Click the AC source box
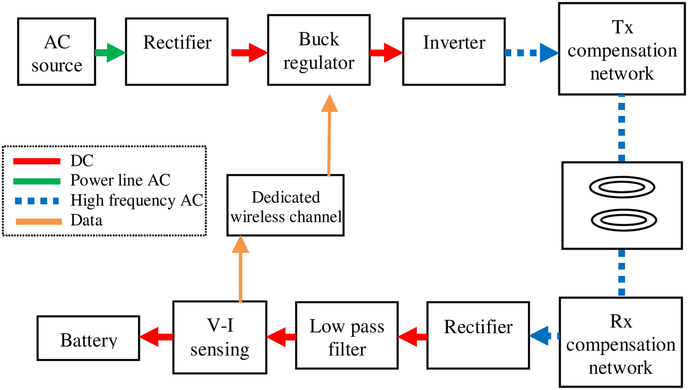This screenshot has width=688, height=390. point(57,52)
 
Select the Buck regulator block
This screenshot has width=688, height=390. point(318,51)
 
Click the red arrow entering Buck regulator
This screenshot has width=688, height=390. point(249,52)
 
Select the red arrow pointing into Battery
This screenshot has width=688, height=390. point(156,336)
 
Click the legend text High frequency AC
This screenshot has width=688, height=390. point(137,200)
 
